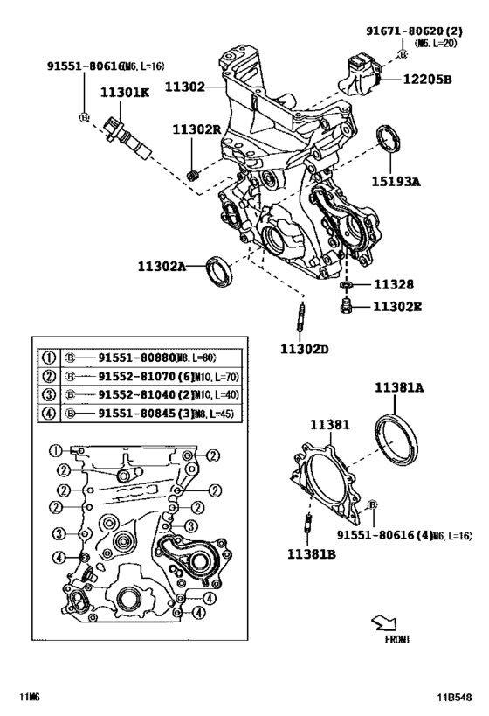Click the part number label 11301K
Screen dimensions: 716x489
pos(123,92)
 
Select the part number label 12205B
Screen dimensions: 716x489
pos(427,79)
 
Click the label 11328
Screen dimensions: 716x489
pos(393,285)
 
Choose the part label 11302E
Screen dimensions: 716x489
pos(398,307)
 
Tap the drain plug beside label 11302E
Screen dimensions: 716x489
pos(346,306)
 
